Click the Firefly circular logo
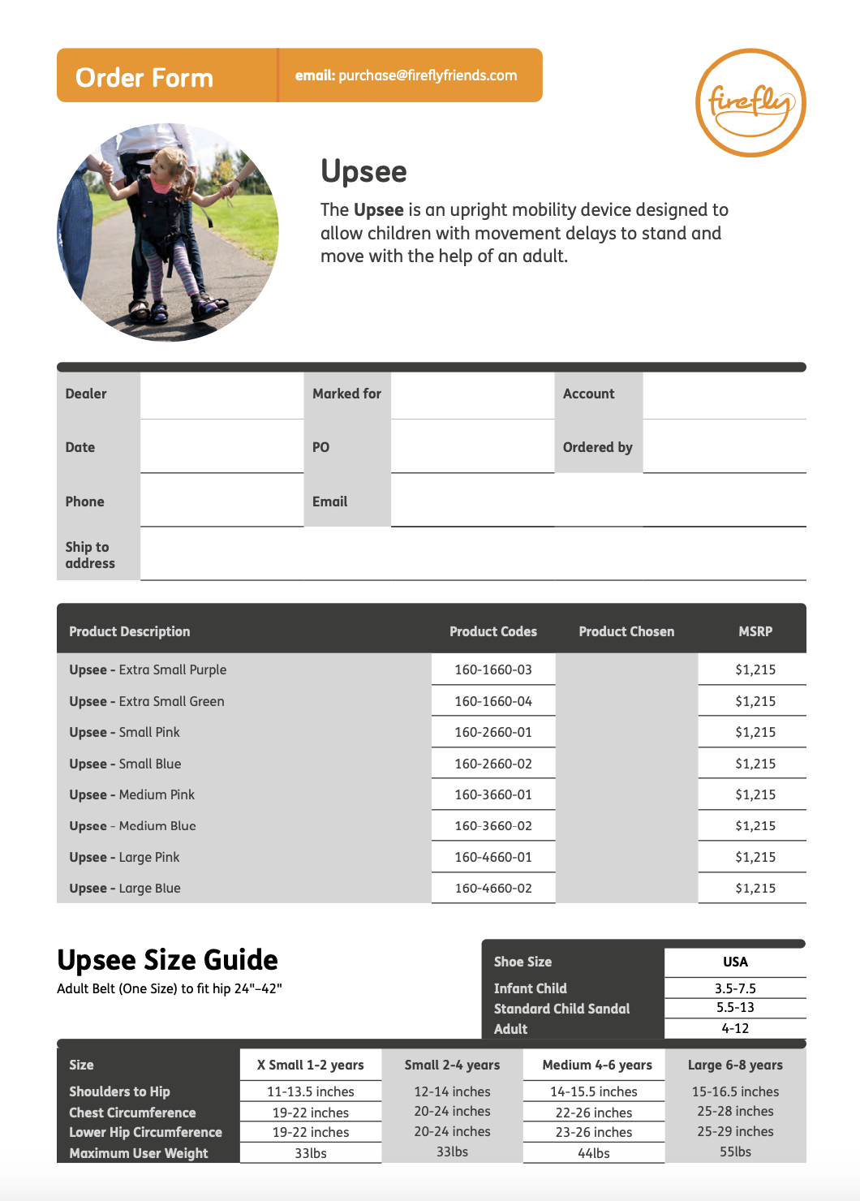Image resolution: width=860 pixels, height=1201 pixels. tap(750, 102)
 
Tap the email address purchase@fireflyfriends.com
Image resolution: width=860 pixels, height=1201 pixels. tap(428, 75)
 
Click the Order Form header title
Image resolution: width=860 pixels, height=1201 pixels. tap(144, 78)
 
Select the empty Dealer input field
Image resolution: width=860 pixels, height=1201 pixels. tap(221, 395)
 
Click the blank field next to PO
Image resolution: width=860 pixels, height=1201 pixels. tap(472, 447)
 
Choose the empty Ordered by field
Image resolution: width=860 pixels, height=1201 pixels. tap(724, 447)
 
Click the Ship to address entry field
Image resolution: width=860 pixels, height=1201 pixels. tap(472, 554)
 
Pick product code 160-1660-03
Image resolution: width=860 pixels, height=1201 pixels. tap(493, 670)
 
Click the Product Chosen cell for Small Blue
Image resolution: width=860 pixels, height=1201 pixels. tap(626, 764)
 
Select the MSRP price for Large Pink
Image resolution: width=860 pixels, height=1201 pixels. tap(755, 858)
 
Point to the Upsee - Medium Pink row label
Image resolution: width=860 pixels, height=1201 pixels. tap(132, 795)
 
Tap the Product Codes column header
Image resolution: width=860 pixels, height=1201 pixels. tap(493, 631)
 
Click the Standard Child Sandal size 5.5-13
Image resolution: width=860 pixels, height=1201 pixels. tap(735, 1008)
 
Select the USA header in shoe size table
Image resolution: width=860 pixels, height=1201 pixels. tap(735, 962)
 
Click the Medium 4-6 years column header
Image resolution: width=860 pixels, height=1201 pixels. tap(597, 1065)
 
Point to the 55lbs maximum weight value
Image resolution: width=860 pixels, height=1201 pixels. tap(735, 1152)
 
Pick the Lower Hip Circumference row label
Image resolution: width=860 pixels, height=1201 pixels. tap(145, 1133)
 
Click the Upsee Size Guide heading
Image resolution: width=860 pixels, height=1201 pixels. tap(167, 960)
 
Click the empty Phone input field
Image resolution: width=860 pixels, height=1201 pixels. tap(221, 501)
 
